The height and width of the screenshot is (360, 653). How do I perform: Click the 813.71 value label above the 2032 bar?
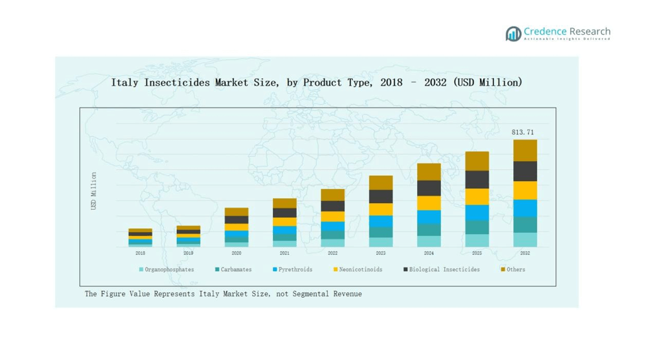tap(523, 133)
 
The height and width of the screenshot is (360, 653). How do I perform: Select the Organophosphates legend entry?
tap(169, 269)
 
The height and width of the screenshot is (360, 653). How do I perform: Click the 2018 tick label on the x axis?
tap(140, 253)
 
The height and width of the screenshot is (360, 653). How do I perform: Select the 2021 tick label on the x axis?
tap(284, 253)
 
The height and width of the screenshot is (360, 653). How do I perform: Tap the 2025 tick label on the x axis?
tap(477, 253)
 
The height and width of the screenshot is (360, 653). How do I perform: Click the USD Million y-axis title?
tap(94, 191)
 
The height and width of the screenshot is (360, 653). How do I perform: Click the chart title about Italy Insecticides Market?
tap(316, 82)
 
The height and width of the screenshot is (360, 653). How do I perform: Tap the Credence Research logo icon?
tap(513, 33)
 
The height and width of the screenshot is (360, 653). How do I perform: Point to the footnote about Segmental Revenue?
tap(223, 294)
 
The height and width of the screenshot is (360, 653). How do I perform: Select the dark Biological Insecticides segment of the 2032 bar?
tap(525, 171)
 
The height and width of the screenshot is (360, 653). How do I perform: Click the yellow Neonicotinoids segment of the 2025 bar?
tap(477, 196)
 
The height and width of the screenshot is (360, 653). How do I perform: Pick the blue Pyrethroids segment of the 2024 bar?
tap(429, 217)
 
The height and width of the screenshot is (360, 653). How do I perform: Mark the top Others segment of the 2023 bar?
tap(381, 183)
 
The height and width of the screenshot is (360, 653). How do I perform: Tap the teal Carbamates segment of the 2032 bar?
tap(525, 225)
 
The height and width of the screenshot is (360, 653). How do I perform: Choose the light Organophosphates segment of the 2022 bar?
tap(333, 243)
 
